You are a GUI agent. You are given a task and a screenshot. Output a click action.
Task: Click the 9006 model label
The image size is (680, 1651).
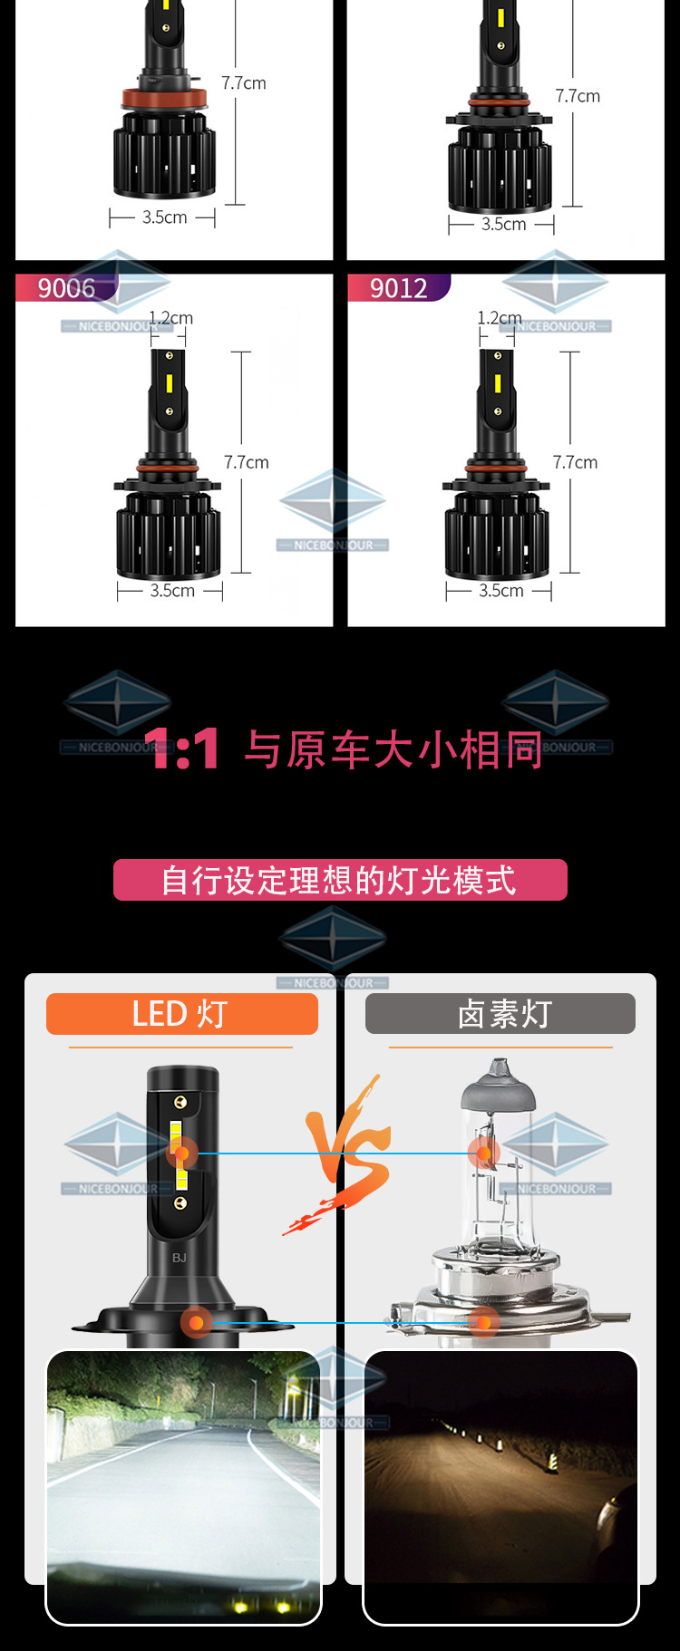pos(66,288)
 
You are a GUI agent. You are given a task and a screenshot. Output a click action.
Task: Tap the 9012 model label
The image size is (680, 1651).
pos(398,288)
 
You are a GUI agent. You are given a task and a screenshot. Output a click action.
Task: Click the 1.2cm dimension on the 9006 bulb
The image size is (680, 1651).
pos(170,318)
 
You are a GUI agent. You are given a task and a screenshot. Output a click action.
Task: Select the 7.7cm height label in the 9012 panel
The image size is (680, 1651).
pos(575,462)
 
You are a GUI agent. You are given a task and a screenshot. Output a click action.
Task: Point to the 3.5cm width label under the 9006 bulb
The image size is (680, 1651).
pos(172,591)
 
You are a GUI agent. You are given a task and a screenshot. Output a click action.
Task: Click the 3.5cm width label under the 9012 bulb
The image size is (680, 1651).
pos(501,591)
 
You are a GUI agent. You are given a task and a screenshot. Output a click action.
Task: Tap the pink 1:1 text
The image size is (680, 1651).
pos(181,749)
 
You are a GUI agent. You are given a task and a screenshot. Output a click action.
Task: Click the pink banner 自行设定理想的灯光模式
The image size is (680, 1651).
pos(340,880)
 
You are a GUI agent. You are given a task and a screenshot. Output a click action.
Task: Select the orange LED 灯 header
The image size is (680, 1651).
pos(181,1013)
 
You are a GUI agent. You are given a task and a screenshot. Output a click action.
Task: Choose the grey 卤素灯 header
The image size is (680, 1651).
pos(500,1013)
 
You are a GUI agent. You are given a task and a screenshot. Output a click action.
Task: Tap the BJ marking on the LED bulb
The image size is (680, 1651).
pos(180,1258)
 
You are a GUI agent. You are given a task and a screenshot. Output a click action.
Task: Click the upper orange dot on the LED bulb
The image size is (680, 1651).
pos(181,1153)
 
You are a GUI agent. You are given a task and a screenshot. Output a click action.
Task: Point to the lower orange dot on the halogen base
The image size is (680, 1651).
pos(483,1322)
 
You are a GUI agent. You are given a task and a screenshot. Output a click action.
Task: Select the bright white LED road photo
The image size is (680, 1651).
pos(183,1486)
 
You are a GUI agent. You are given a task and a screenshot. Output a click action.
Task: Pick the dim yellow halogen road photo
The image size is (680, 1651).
pos(500,1486)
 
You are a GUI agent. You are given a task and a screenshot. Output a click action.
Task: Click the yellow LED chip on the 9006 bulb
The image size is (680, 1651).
pos(170,383)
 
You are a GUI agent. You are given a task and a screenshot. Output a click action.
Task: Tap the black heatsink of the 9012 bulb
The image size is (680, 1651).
pos(497,539)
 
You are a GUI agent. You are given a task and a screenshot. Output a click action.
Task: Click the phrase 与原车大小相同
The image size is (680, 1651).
pos(393,750)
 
